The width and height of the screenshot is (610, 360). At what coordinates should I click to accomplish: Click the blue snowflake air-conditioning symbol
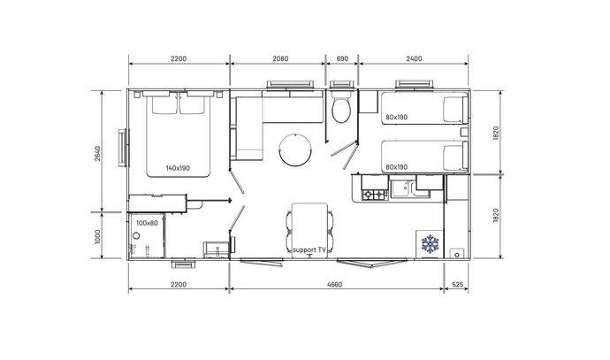430,243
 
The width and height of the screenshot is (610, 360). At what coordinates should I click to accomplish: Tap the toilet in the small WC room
341,106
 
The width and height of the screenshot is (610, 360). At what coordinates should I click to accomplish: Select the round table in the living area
295,150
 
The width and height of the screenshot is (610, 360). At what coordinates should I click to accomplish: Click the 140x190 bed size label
178,168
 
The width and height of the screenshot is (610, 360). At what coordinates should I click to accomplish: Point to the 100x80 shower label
147,223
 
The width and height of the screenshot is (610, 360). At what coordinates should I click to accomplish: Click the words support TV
309,249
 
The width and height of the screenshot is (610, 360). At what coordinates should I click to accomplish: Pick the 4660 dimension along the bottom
334,285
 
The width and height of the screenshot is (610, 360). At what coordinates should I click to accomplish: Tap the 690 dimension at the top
342,58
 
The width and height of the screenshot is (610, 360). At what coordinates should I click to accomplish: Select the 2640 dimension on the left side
97,153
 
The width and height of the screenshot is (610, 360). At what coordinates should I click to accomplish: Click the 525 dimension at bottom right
458,285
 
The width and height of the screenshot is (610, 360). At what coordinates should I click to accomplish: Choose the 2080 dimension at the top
280,58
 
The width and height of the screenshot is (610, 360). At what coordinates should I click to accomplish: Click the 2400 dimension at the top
414,58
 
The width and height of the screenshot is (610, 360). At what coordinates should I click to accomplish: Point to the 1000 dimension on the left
97,237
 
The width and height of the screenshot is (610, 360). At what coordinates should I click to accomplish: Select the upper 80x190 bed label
396,117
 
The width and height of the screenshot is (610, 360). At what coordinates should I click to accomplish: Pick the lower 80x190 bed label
396,167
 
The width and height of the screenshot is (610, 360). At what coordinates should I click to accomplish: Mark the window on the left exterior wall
123,148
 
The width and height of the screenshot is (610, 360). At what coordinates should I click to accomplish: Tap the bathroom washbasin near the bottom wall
217,249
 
